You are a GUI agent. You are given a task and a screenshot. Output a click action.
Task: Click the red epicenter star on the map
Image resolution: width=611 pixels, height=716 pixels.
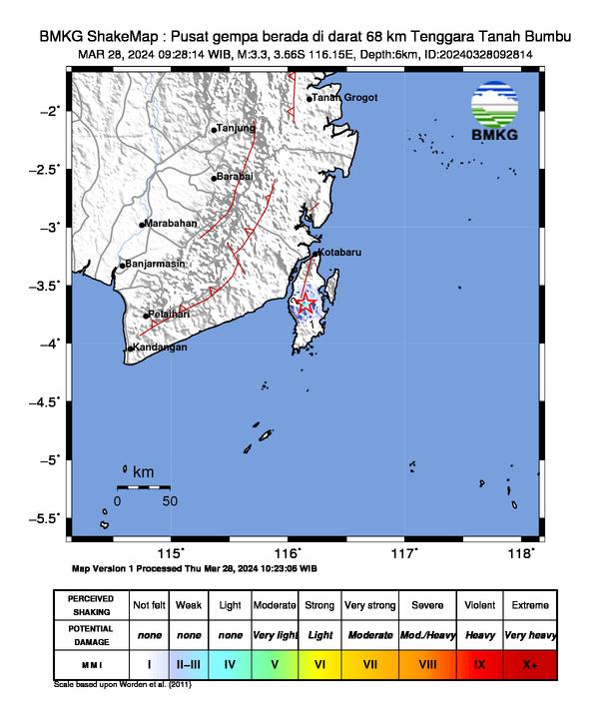(305, 303)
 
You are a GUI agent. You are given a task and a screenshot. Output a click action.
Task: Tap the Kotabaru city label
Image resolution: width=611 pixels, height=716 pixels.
(337, 253)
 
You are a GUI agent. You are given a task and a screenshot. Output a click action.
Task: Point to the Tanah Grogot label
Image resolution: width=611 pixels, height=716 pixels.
(344, 98)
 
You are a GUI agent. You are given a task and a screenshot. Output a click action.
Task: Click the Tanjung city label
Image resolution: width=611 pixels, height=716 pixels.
(237, 128)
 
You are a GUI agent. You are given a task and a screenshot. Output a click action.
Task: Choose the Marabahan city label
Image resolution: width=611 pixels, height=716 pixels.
(171, 224)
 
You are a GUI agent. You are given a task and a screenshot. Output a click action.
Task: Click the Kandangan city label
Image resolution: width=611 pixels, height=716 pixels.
(160, 348)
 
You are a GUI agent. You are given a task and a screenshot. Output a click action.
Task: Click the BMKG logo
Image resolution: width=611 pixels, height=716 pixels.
(502, 113)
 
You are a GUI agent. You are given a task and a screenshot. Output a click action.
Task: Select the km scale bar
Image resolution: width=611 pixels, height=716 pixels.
(144, 487)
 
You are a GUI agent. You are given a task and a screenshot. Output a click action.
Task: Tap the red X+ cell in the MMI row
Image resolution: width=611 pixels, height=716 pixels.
(529, 663)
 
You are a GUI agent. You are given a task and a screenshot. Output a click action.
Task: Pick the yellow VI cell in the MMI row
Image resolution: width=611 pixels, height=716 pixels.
(319, 663)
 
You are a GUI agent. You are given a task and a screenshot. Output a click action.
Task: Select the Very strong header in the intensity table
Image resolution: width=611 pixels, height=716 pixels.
(369, 605)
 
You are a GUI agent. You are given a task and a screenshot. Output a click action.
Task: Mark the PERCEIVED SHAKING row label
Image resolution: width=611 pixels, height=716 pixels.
(91, 605)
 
